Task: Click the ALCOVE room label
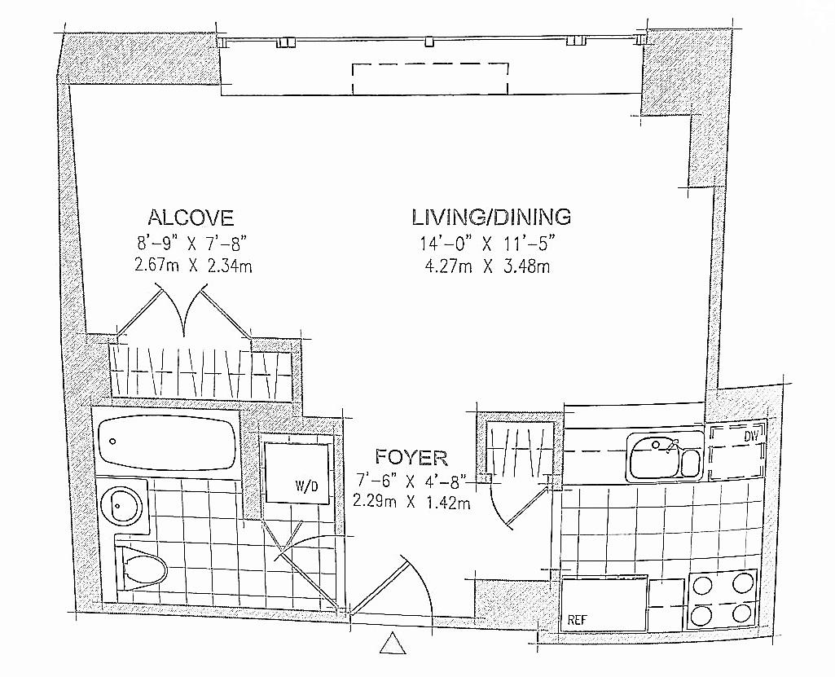[x=191, y=218]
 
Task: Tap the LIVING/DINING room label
[x=491, y=217]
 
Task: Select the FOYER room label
[x=411, y=458]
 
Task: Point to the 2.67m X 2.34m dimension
[x=193, y=266]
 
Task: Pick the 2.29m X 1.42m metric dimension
[x=411, y=502]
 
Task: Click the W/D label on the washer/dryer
[x=306, y=486]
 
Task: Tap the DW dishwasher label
[x=751, y=436]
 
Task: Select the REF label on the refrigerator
[x=578, y=620]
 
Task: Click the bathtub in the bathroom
[x=167, y=441]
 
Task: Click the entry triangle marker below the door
[x=393, y=643]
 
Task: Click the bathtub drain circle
[x=113, y=441]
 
